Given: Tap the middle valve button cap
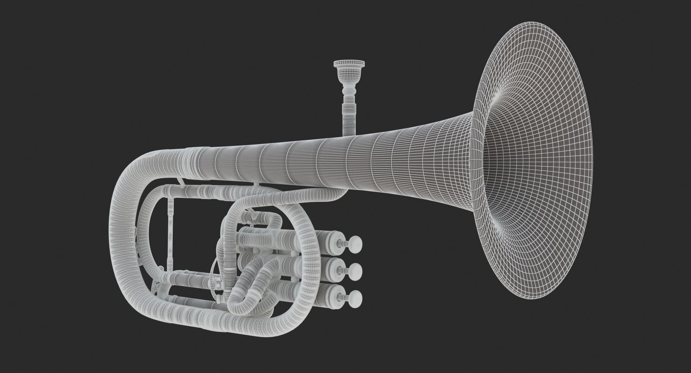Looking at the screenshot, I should point(355,270).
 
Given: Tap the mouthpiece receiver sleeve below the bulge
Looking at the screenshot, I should point(348,117).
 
